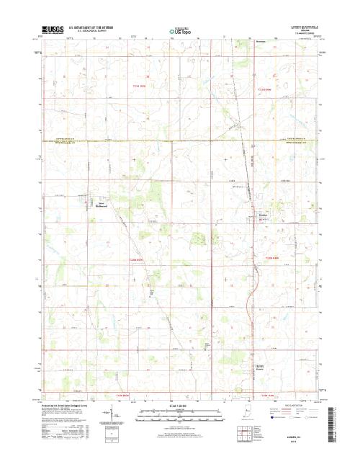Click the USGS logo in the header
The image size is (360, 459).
52,32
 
